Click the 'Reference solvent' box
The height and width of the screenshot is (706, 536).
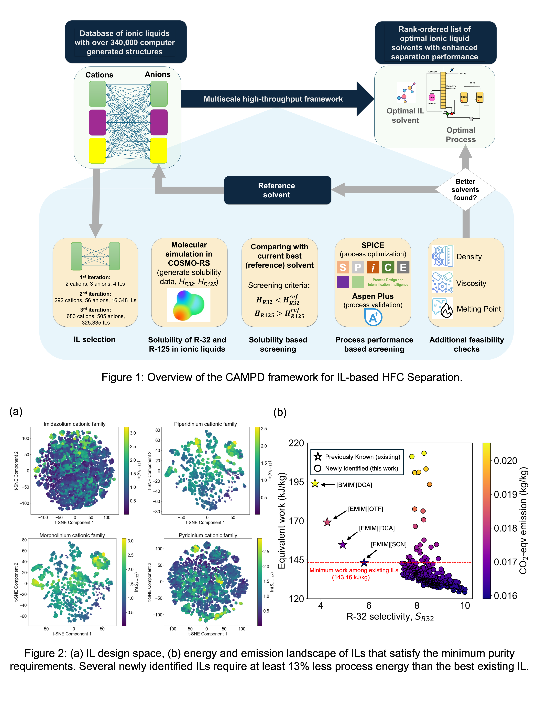click(x=277, y=190)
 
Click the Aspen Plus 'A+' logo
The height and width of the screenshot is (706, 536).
click(x=373, y=318)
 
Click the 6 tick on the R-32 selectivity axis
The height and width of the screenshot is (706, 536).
click(x=369, y=605)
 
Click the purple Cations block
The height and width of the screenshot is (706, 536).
click(x=97, y=123)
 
